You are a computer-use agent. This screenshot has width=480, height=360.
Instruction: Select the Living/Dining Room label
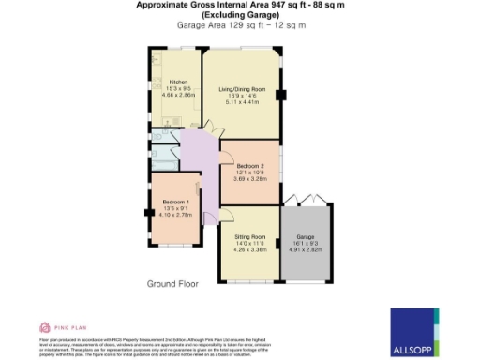pyautogui.click(x=242, y=89)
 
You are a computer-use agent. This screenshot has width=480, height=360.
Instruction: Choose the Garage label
pyautogui.click(x=305, y=237)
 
